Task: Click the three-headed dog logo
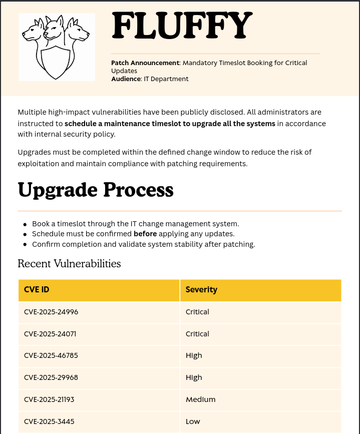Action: point(57,47)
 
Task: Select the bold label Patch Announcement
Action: point(145,63)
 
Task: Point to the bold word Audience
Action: point(126,79)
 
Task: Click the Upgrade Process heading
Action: point(96,190)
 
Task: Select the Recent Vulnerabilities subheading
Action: point(69,263)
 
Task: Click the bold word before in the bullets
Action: point(145,234)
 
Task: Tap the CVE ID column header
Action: point(37,290)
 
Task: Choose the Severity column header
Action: point(201,290)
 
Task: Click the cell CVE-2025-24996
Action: point(51,312)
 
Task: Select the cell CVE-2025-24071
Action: point(50,334)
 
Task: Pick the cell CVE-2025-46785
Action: point(51,355)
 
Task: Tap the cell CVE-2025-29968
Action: point(51,377)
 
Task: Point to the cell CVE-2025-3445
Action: point(49,421)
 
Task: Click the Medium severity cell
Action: point(200,399)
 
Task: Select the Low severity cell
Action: point(193,421)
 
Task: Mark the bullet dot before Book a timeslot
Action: point(25,224)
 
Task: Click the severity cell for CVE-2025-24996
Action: point(197,312)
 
